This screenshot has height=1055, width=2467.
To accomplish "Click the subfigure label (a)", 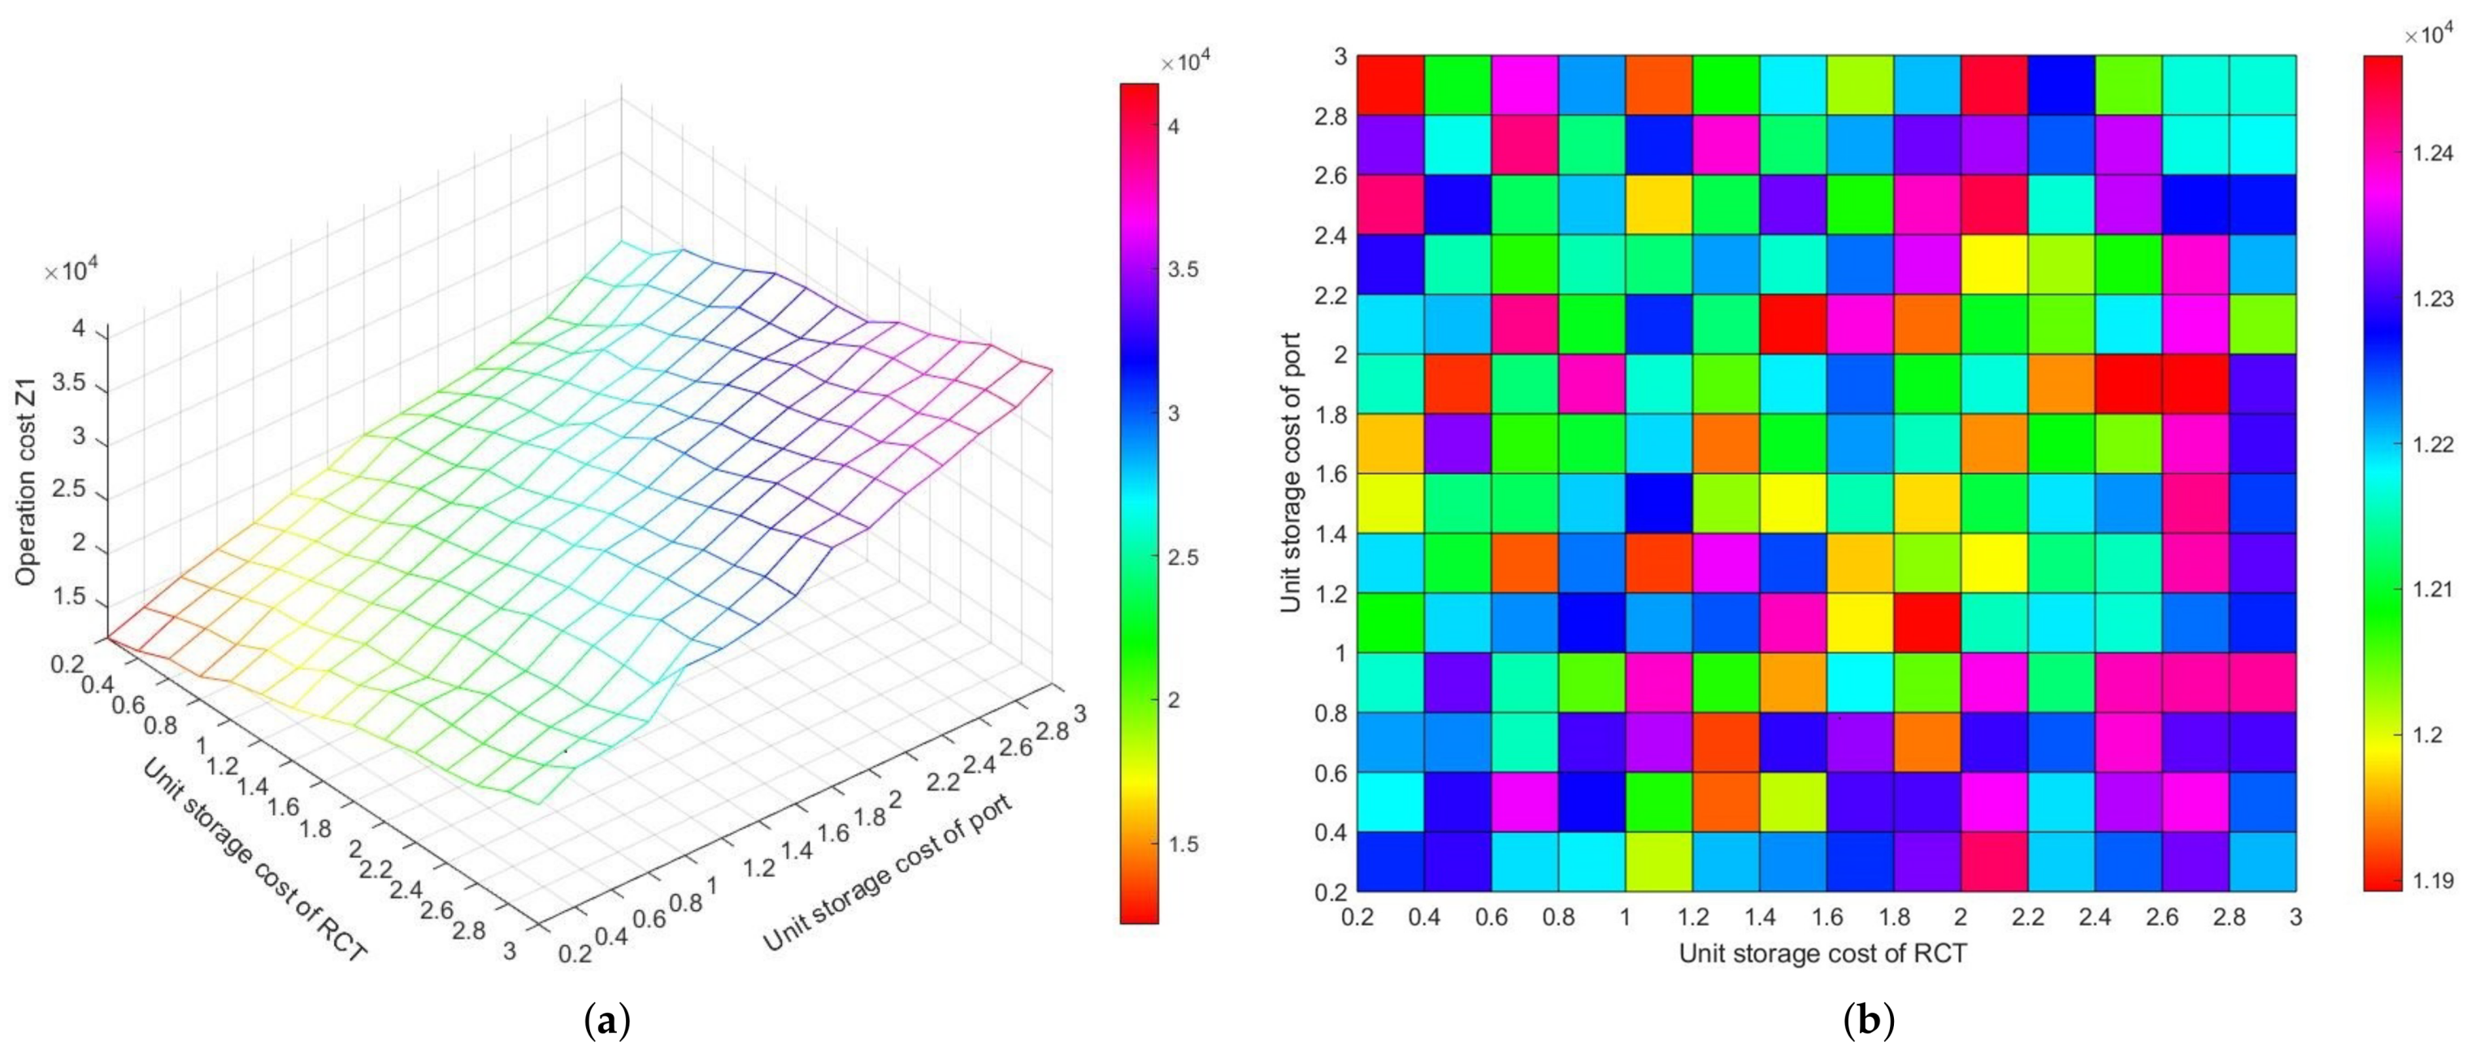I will point(606,1022).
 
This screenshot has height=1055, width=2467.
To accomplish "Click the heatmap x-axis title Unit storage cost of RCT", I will point(1822,953).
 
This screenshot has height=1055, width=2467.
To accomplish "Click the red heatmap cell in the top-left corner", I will point(1391,85).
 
